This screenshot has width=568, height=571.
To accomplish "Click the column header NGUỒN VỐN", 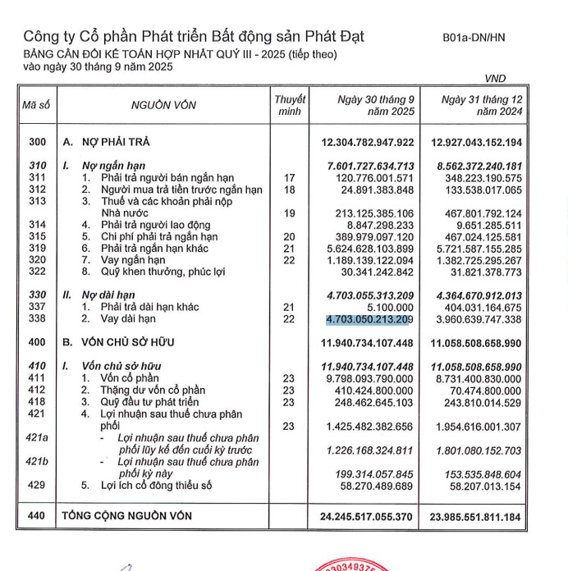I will pyautogui.click(x=163, y=105).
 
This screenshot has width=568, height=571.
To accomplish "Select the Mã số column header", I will pyautogui.click(x=36, y=105).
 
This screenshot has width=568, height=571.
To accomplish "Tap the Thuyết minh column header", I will pyautogui.click(x=290, y=105).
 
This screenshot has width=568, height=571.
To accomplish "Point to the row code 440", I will pyautogui.click(x=37, y=515).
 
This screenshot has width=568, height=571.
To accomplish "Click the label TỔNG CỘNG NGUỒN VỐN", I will pyautogui.click(x=127, y=515).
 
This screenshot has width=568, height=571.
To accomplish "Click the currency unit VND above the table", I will pyautogui.click(x=495, y=79).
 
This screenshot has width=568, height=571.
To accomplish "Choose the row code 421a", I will pyautogui.click(x=37, y=439).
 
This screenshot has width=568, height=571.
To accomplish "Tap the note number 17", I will pyautogui.click(x=288, y=178).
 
